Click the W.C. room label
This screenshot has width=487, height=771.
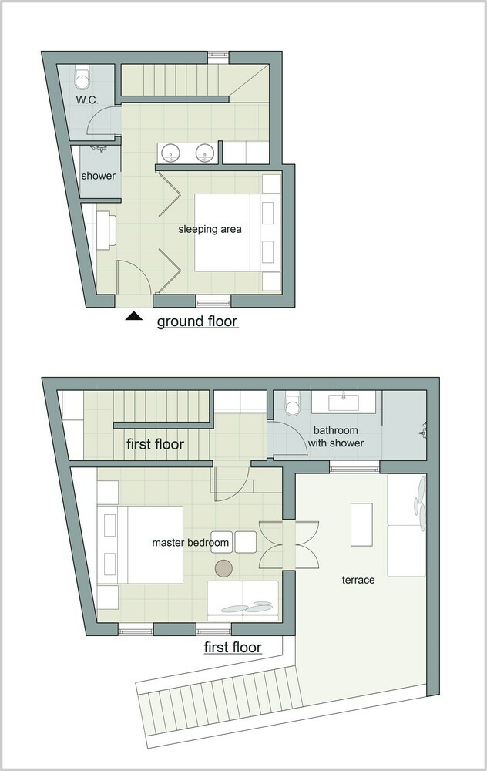[87, 99]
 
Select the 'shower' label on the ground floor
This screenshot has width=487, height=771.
[99, 176]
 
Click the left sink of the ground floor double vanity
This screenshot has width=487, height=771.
[171, 153]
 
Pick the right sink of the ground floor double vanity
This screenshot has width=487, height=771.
[204, 153]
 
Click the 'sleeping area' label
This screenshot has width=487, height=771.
[210, 229]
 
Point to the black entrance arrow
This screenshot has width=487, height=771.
[133, 317]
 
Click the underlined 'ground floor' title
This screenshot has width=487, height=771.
[197, 322]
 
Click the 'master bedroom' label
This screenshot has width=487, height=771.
[190, 543]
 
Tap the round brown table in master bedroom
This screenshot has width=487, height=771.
[224, 568]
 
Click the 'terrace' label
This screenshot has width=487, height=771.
[358, 581]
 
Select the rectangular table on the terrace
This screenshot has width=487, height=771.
[361, 524]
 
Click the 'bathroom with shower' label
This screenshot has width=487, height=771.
[336, 436]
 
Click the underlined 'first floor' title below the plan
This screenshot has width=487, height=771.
[233, 648]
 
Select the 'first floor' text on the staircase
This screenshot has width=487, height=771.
[156, 444]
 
